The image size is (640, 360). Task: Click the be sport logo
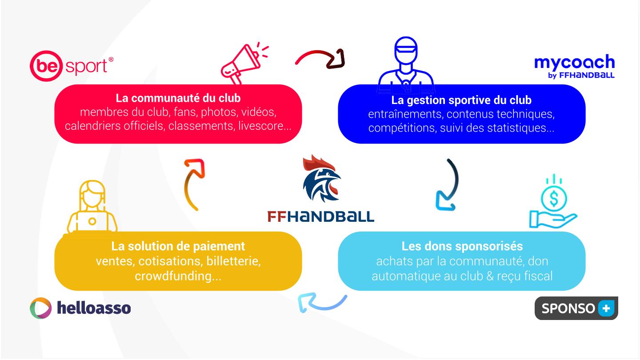point(72,66)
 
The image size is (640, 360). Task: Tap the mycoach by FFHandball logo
point(575,66)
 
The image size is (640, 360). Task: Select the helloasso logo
point(80,308)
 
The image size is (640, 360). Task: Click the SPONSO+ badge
point(576,308)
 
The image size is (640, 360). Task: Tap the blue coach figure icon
point(406,65)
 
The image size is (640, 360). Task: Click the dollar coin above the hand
point(554,198)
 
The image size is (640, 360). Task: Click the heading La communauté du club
point(178,98)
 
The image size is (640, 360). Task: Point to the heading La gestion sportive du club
point(461,100)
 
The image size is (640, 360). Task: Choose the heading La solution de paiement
point(178,246)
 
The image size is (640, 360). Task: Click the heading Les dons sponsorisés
point(462,246)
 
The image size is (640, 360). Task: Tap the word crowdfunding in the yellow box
point(173,276)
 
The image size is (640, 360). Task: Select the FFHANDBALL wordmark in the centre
point(320,216)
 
